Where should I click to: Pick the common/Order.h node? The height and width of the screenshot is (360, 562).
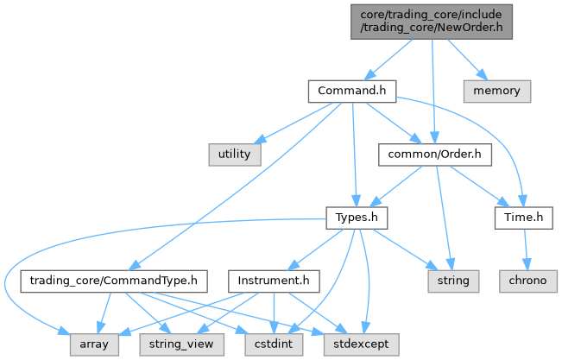pyautogui.click(x=435, y=154)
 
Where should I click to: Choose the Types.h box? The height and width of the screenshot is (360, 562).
pyautogui.click(x=357, y=218)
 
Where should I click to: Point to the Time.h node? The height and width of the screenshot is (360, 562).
pyautogui.click(x=523, y=218)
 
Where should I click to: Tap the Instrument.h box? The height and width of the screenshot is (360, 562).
pyautogui.click(x=273, y=281)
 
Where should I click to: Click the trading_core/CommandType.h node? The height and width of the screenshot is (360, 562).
pyautogui.click(x=115, y=281)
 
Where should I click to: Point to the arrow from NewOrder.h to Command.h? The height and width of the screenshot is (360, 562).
pyautogui.click(x=393, y=58)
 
